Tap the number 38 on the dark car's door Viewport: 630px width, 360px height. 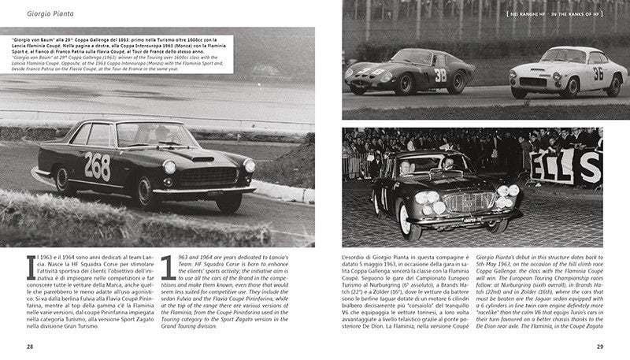[439, 76]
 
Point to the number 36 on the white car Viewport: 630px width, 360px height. [598, 73]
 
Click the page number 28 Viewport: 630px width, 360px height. [30, 345]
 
